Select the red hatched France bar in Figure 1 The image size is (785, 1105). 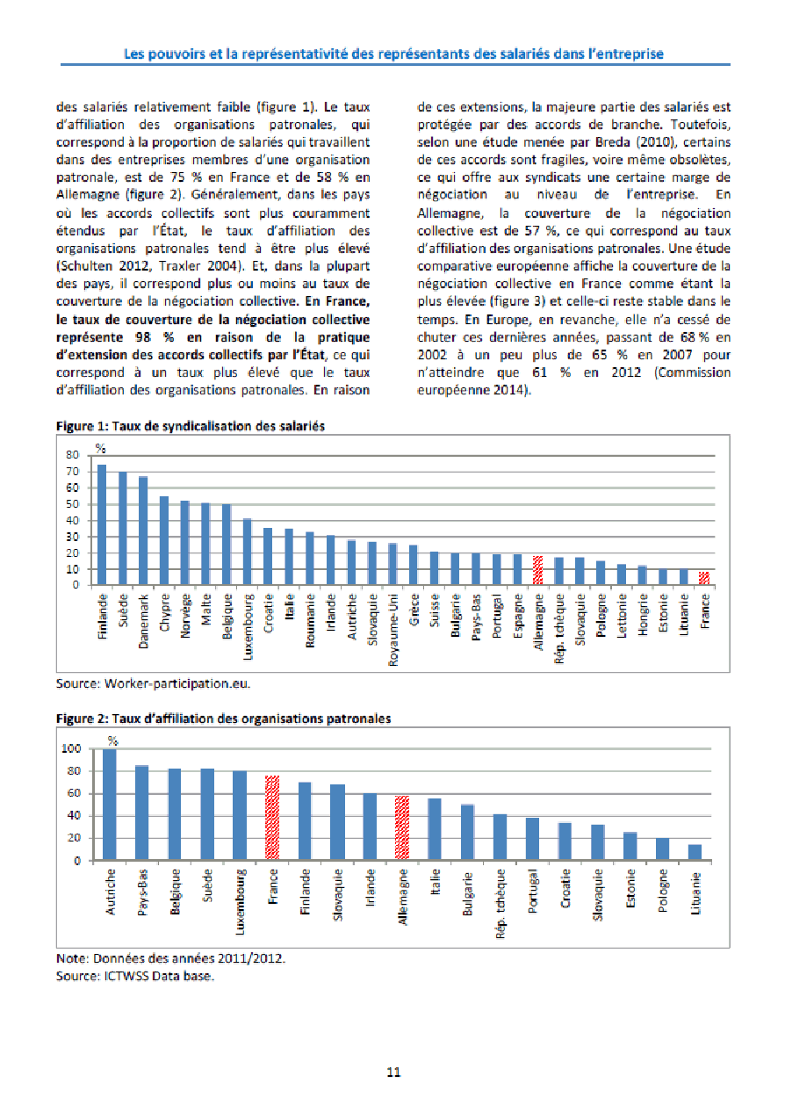(x=703, y=578)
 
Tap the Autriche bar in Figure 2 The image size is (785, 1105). (x=110, y=805)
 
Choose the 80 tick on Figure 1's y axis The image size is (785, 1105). (x=72, y=456)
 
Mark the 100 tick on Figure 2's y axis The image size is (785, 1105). (x=70, y=749)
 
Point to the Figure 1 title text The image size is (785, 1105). (x=191, y=426)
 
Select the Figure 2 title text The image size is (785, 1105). (x=224, y=719)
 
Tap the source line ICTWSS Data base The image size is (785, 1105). (x=135, y=975)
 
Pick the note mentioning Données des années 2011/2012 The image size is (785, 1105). (x=170, y=958)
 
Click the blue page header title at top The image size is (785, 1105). (x=392, y=54)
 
